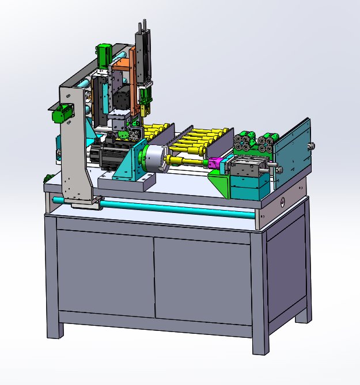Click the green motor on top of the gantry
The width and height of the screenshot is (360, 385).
104,53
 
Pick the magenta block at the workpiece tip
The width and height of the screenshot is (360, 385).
215,165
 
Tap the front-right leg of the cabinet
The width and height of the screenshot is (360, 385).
260,340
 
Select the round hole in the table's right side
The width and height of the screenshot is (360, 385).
283,202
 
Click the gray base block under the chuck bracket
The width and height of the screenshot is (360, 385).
127,182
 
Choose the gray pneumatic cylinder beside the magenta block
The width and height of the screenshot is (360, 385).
245,167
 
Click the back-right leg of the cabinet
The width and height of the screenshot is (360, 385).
303,313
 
